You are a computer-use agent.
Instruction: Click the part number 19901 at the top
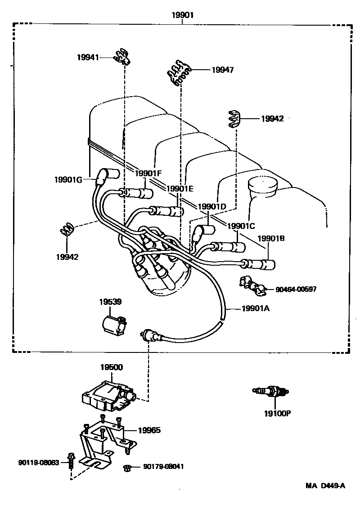click(x=182, y=15)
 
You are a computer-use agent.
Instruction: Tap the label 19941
click(x=88, y=57)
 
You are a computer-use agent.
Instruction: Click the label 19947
click(x=222, y=70)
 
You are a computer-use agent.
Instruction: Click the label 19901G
click(x=68, y=179)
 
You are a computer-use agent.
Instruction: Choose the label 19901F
click(x=148, y=173)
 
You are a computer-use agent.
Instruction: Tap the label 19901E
click(x=180, y=189)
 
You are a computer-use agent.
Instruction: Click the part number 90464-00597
click(x=296, y=289)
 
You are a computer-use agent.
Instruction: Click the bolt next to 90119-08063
click(x=71, y=459)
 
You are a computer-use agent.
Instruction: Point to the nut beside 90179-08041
click(x=127, y=468)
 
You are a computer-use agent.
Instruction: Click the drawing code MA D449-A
click(x=326, y=485)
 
